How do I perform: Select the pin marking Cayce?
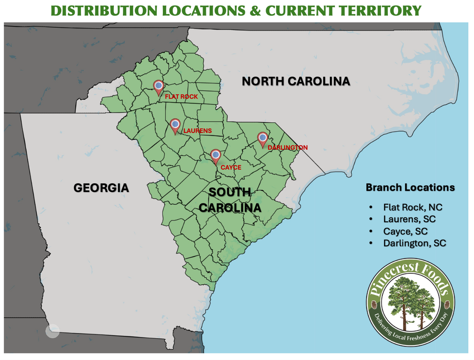point(216,155)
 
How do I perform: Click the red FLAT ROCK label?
point(181,97)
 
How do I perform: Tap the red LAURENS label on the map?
point(198,131)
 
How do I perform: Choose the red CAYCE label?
point(231,167)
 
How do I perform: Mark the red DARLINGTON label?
point(288,147)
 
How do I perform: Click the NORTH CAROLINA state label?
point(296,81)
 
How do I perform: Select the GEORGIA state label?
point(101,188)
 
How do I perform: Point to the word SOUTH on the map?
point(230,192)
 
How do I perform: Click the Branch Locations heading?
point(410,188)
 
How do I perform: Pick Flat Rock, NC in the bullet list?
point(413,207)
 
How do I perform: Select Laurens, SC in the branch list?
point(409,219)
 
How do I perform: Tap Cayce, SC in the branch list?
point(405,231)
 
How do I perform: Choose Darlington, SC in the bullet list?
point(414,243)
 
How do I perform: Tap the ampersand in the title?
point(255,11)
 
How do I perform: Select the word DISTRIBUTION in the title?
point(104,11)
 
